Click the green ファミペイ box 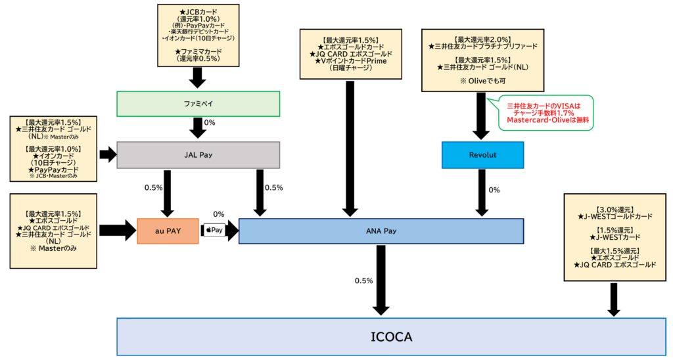198,104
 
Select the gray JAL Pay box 198,155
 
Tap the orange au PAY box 168,231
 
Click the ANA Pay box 381,231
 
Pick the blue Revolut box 482,155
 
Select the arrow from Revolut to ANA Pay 482,192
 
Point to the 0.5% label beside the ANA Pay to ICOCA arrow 364,281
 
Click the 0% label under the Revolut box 494,190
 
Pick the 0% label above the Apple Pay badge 219,214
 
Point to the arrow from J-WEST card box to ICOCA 614,300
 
